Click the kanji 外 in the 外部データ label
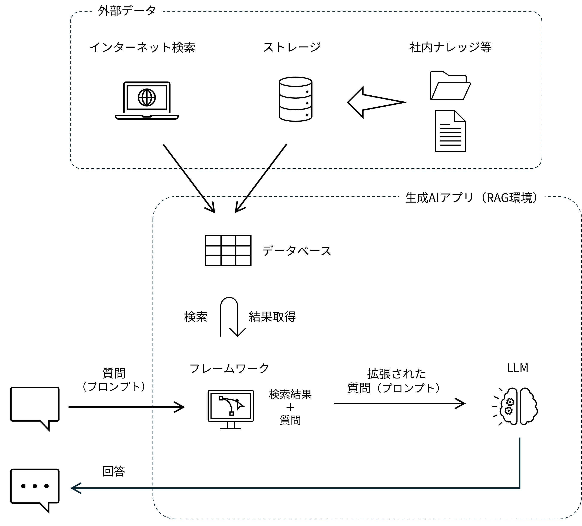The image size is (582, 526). click(x=104, y=11)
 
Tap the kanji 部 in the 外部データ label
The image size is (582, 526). click(x=115, y=11)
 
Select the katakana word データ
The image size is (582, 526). click(x=139, y=11)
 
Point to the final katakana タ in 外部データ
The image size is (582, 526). click(x=150, y=11)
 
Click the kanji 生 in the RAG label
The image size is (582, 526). click(x=411, y=198)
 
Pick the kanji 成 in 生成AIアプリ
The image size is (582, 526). click(x=422, y=198)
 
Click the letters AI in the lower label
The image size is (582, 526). click(x=434, y=198)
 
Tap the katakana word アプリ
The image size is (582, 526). click(x=456, y=198)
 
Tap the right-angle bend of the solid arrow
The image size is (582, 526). click(x=520, y=488)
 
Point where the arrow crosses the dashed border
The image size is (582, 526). click(x=153, y=488)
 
